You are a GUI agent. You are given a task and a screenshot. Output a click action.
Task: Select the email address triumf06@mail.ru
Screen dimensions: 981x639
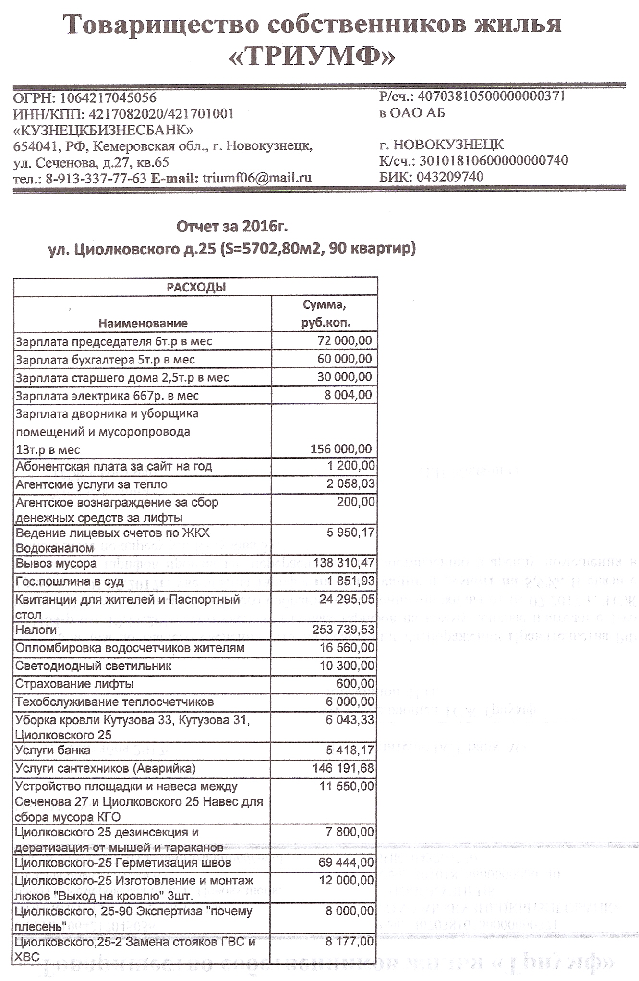pos(257,178)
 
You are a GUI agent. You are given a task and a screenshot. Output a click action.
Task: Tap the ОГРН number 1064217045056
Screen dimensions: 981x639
pos(107,98)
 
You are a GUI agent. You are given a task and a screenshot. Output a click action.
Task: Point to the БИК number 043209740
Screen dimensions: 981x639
pos(450,177)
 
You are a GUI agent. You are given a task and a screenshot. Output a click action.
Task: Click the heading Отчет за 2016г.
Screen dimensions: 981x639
pos(232,226)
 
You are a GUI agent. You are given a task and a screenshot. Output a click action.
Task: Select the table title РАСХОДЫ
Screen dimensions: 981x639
pos(196,287)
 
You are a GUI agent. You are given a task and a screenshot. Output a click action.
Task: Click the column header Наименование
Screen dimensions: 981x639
pos(143,323)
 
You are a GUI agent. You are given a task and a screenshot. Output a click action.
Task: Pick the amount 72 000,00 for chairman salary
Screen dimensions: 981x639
pos(345,341)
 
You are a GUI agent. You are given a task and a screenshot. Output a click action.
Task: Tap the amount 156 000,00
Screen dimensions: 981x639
pos(341,449)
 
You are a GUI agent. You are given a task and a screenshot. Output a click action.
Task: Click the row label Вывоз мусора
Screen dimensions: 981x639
pos(56,563)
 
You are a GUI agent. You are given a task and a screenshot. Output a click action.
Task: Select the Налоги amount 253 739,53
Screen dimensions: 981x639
pos(343,629)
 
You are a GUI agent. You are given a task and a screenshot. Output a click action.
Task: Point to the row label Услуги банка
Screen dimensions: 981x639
pos(53,750)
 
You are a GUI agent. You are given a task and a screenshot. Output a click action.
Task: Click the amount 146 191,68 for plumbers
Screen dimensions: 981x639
pos(343,768)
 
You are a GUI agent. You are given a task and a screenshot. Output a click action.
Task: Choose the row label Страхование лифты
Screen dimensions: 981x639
pos(74,684)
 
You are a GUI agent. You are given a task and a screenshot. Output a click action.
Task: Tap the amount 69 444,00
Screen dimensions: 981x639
pos(346,862)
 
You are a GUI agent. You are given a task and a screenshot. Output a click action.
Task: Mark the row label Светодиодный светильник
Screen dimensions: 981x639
pos(93,666)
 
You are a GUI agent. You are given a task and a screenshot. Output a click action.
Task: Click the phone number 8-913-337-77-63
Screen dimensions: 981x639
pos(96,178)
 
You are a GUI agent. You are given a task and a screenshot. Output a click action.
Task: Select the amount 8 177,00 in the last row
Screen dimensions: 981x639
pos(349,941)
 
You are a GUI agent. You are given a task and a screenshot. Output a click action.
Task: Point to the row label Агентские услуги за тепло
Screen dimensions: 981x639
pos(91,484)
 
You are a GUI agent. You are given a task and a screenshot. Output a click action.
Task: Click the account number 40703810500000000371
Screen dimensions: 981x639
pos(492,96)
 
